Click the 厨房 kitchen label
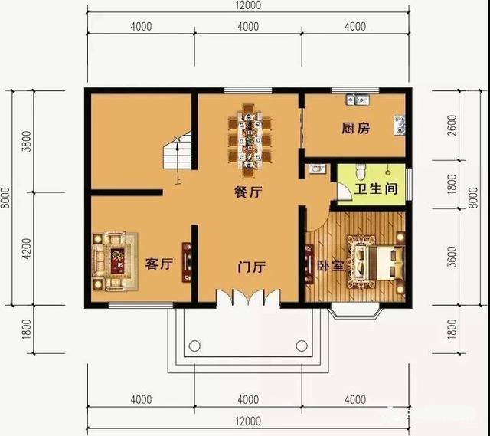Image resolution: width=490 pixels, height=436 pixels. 355,129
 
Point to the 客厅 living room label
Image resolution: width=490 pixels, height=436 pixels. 158,264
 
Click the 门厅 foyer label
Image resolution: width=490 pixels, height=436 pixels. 251,267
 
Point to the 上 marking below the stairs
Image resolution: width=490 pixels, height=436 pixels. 178,182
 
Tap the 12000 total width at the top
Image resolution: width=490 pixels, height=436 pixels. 247,6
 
